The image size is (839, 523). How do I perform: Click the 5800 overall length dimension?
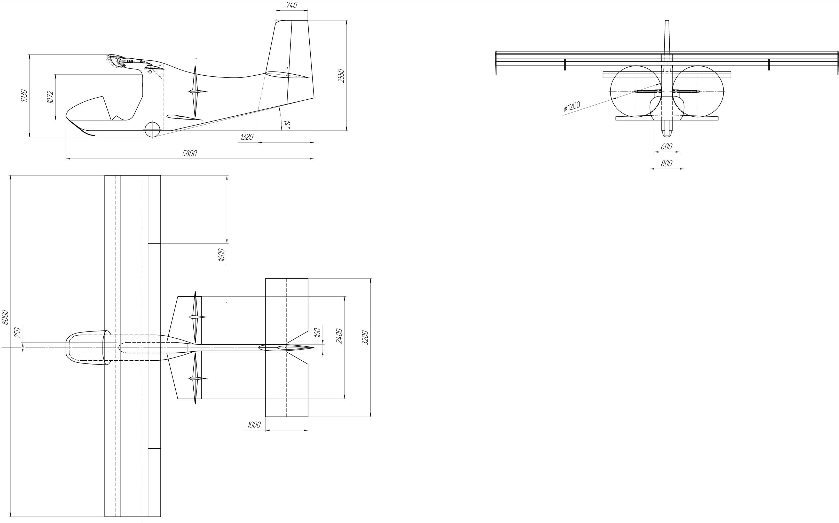(190, 153)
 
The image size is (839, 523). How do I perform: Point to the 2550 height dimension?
(341, 75)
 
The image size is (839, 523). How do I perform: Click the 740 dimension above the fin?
(292, 5)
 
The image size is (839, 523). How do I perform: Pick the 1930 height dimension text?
(24, 96)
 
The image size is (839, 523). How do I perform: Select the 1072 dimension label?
(50, 97)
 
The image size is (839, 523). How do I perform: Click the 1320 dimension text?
(247, 137)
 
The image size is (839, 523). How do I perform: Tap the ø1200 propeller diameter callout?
(571, 107)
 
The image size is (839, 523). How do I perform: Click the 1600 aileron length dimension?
(222, 255)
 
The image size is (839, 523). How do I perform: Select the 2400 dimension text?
(339, 336)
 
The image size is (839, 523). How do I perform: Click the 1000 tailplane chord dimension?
(254, 425)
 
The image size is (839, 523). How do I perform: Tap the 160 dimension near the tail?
(318, 333)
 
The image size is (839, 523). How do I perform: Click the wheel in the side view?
(152, 129)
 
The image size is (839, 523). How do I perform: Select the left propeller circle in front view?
(636, 91)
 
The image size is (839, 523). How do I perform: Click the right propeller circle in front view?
(698, 91)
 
